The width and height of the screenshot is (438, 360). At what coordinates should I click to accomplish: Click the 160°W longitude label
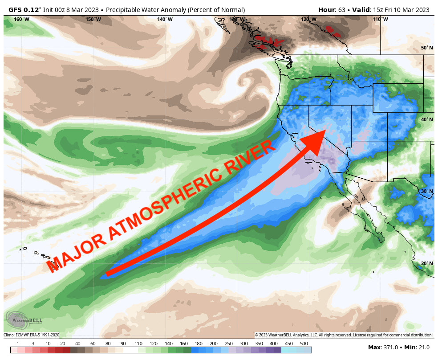(x=21, y=19)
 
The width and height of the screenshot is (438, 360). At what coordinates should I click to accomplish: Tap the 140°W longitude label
(x=165, y=19)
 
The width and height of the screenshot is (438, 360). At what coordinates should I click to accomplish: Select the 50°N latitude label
(x=427, y=48)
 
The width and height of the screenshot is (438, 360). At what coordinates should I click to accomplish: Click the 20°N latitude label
(x=427, y=263)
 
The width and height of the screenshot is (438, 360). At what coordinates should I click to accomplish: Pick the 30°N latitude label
(x=427, y=191)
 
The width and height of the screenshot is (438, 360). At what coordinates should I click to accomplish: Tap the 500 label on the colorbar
(x=304, y=344)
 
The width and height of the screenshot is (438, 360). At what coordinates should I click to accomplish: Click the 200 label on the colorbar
(x=214, y=344)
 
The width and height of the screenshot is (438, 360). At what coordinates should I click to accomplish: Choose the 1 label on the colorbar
(x=18, y=344)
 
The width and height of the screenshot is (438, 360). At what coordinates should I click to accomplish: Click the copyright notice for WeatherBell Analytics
(x=343, y=335)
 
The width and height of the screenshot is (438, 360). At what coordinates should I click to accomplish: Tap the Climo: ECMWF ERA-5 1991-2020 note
(x=32, y=335)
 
